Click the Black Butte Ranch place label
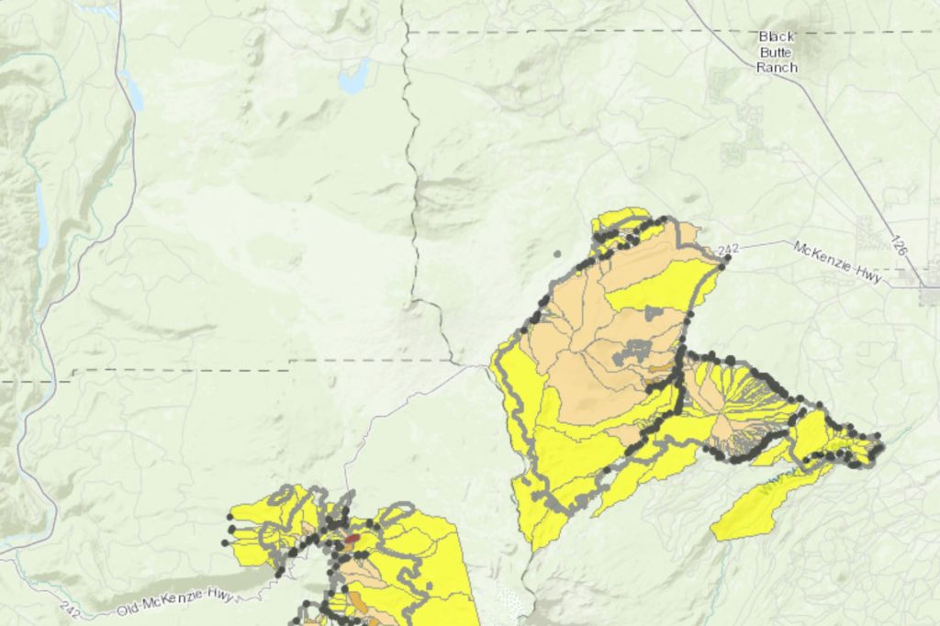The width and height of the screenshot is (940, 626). (x=778, y=52)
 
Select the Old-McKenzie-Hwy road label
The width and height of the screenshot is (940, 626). (x=175, y=603)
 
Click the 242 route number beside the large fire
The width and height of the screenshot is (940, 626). (x=729, y=249)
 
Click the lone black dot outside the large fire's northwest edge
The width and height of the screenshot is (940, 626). (x=557, y=252)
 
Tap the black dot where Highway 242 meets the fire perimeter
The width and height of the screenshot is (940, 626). (x=727, y=260)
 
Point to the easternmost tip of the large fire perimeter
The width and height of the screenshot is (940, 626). (x=882, y=447)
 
